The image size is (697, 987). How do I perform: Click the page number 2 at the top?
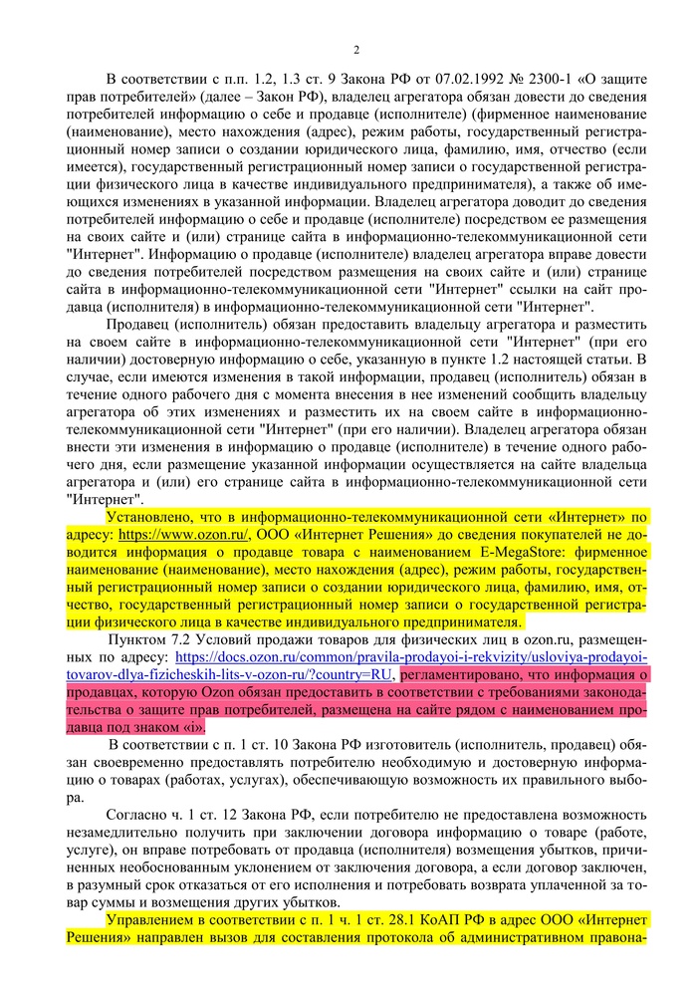[355, 50]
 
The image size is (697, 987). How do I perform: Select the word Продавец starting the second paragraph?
[141, 323]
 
